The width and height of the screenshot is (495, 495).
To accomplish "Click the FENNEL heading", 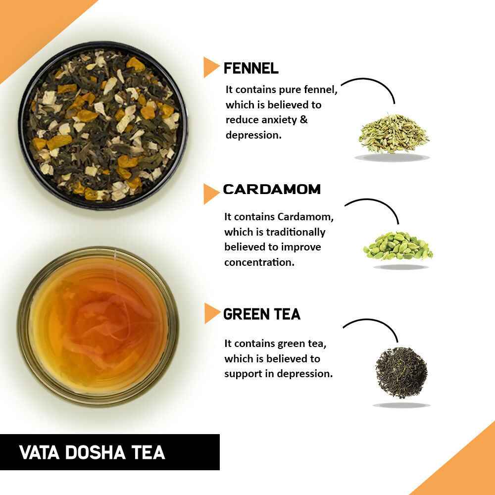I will tap(251, 68).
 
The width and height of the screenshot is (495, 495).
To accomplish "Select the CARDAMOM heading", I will tap(272, 189).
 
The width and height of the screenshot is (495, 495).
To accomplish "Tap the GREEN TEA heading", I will tap(262, 314).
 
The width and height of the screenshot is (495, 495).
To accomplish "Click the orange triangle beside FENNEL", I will tap(211, 67).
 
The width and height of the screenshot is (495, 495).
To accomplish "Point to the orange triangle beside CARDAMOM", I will tap(211, 194).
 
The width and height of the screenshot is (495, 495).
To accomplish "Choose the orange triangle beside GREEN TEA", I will tap(211, 313).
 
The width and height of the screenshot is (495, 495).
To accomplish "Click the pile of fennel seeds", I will tap(394, 134).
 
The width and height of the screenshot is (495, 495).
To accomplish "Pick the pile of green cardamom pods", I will tap(398, 246).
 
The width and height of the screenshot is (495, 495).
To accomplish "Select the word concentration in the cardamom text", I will tap(259, 262).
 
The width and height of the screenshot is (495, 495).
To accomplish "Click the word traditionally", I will tap(296, 232).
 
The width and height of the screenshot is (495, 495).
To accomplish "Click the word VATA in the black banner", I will tap(38, 452).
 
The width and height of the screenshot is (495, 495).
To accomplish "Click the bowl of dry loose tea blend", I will tap(103, 125).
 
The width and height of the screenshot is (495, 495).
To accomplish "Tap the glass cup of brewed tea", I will tap(98, 325).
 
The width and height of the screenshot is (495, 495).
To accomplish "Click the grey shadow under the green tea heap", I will tap(401, 405).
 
